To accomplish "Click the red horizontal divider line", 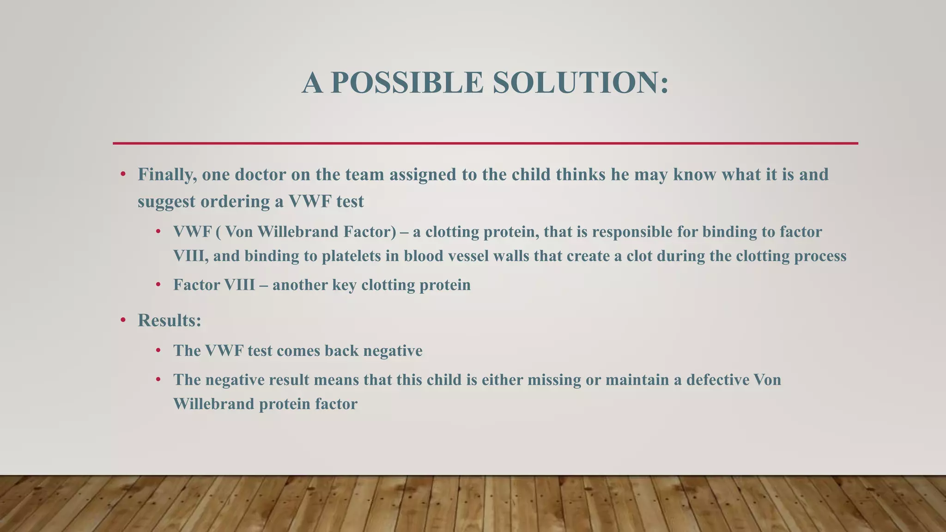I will pos(485,143).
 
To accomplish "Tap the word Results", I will pos(169,320).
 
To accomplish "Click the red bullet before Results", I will pos(123,320).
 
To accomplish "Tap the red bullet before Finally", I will pos(123,175).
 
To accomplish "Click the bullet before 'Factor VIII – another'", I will pos(158,285).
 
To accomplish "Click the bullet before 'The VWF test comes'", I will pos(158,351).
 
